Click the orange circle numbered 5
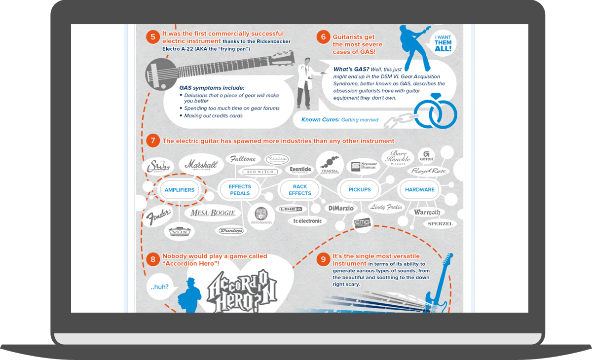coord(153,37)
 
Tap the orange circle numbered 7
coord(153,141)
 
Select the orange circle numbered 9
coord(323,259)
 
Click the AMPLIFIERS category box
coord(180,190)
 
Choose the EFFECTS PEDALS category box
coord(240,190)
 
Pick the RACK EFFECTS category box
coord(300,190)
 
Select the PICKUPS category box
coord(360,190)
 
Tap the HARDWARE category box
coord(420,190)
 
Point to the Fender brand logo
coord(158,216)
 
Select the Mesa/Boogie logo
coord(213,214)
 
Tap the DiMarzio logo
coord(340,209)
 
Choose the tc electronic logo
coord(307,221)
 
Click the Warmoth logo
coord(427,213)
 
